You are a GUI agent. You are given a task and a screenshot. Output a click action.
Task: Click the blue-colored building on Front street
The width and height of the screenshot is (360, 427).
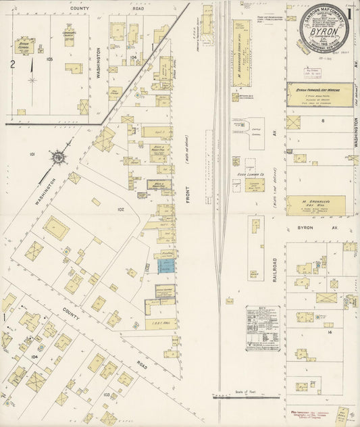pyautogui.click(x=166, y=266)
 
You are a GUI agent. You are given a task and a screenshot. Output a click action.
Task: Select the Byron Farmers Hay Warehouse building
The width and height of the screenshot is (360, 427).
pyautogui.click(x=319, y=95)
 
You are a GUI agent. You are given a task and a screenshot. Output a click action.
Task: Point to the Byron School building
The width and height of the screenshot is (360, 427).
pyautogui.click(x=26, y=47)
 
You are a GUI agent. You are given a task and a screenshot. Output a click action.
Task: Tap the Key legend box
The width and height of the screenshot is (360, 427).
pyautogui.click(x=263, y=328)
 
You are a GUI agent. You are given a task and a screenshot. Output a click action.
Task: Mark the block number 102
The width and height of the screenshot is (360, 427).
pyautogui.click(x=122, y=209)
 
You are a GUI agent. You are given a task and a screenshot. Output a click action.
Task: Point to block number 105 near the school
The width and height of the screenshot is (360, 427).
pyautogui.click(x=49, y=59)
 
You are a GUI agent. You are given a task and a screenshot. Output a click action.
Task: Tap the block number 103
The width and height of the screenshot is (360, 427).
pyautogui.click(x=107, y=393)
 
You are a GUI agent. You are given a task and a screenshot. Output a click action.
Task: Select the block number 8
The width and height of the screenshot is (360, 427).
pyautogui.click(x=323, y=120)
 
